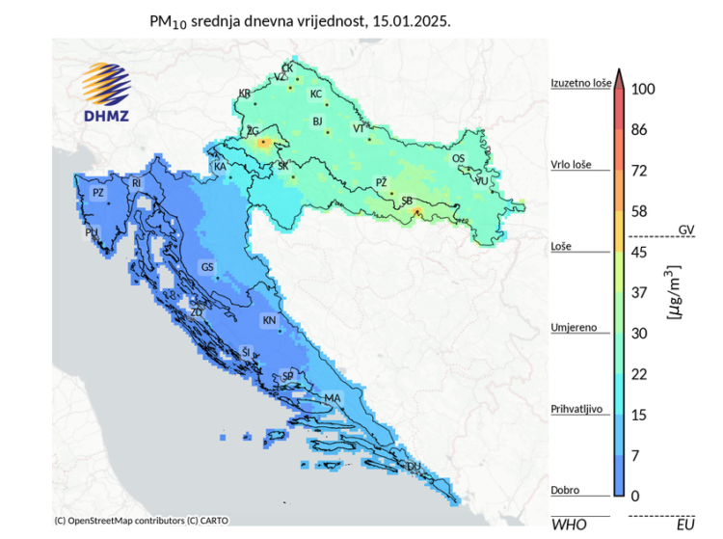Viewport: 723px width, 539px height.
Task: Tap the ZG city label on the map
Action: point(253,130)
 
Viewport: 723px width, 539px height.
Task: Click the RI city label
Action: point(137,183)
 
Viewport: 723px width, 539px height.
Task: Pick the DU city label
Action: point(414,467)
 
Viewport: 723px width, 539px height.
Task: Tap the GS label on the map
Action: point(206,267)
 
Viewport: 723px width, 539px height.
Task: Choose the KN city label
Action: point(269,320)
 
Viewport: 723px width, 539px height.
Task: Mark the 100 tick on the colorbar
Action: point(643,89)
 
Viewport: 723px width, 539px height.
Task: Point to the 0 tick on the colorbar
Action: point(635,496)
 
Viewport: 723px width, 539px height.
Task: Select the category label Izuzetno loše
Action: point(579,84)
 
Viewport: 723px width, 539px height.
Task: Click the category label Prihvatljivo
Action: point(576,409)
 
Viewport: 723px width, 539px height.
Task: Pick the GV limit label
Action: point(685,230)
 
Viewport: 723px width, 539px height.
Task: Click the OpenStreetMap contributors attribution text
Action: point(142,521)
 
